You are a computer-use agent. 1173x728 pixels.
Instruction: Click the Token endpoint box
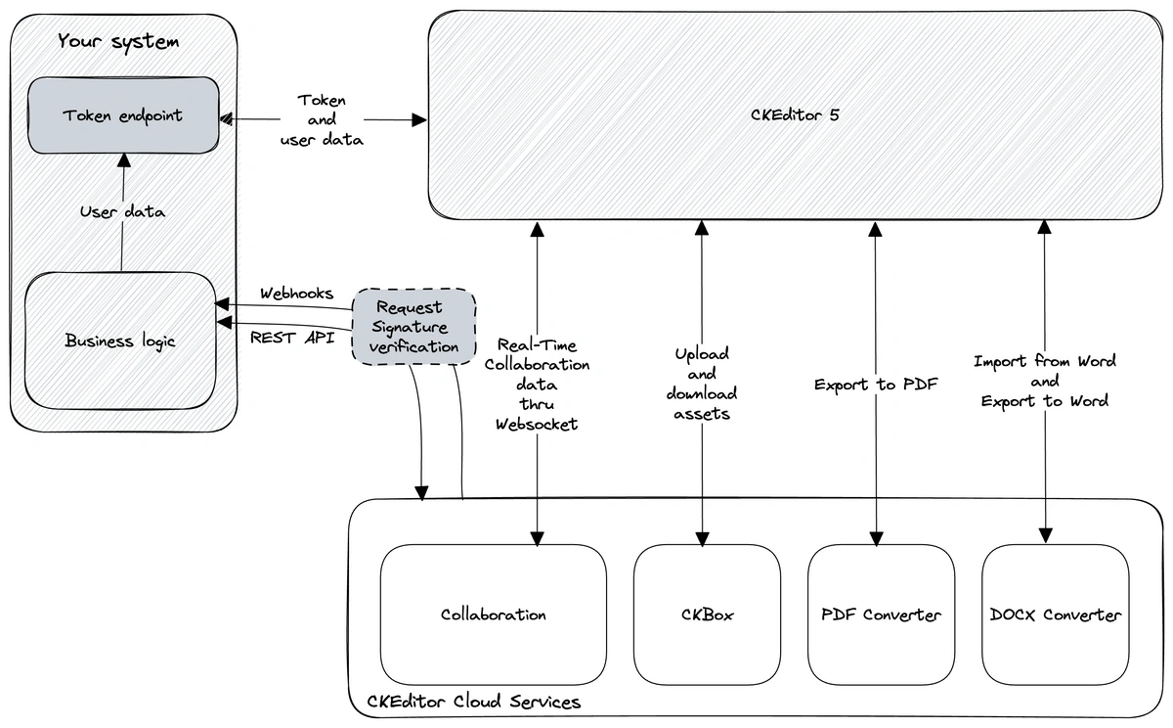122,115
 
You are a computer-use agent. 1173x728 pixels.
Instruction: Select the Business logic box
120,341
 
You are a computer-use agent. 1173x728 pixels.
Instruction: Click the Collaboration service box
493,614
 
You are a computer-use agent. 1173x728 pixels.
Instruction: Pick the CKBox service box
707,614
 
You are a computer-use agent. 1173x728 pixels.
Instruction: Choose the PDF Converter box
881,614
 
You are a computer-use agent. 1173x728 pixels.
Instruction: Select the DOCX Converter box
1055,614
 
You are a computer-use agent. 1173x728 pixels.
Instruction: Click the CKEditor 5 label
795,114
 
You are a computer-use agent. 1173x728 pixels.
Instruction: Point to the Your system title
118,42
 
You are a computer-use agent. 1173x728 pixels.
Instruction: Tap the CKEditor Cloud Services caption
473,702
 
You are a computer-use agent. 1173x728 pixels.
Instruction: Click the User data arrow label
122,211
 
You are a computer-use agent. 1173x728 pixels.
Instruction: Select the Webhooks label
296,293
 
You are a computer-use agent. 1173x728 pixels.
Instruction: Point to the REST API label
292,338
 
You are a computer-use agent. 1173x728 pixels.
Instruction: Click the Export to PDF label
876,385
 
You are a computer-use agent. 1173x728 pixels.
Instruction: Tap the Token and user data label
322,120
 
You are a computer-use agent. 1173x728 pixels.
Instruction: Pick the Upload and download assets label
702,384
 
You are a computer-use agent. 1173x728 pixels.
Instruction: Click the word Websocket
537,424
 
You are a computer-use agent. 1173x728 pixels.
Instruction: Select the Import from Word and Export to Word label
1044,381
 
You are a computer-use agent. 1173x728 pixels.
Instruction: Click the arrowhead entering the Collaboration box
537,538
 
